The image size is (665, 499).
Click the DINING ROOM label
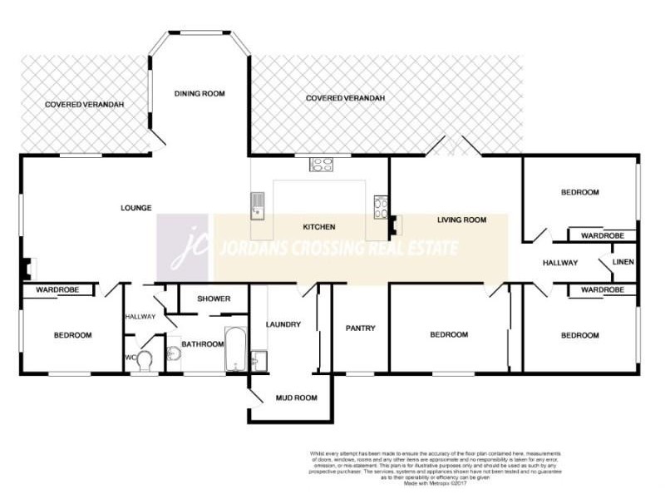(x=199, y=94)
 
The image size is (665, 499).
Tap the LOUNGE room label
(x=135, y=208)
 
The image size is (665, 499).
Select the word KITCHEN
(x=318, y=226)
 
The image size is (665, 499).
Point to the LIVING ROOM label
(x=461, y=220)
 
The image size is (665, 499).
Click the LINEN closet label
(x=623, y=263)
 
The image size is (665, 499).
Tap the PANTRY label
(x=361, y=329)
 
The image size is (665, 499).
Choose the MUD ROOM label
(x=296, y=398)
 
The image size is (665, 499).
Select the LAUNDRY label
(x=283, y=324)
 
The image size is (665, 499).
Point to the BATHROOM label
(x=204, y=344)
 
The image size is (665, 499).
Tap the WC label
(x=130, y=358)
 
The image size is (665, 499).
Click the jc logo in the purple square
(x=185, y=247)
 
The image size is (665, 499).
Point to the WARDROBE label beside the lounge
(x=57, y=290)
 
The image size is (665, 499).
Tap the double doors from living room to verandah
(x=452, y=147)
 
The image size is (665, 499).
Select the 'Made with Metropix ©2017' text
(x=431, y=483)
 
